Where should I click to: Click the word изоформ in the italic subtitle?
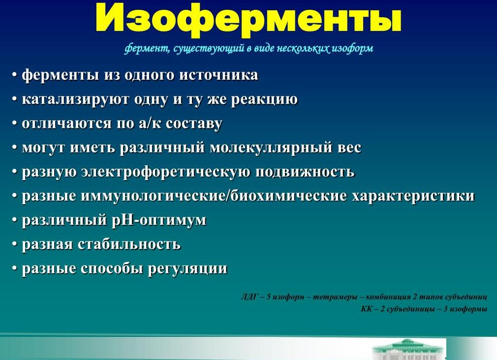(354, 48)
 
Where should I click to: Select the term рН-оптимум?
(163, 220)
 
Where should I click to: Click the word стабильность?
(129, 244)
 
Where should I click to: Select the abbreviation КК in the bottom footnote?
(367, 309)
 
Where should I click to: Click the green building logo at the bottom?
(408, 349)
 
